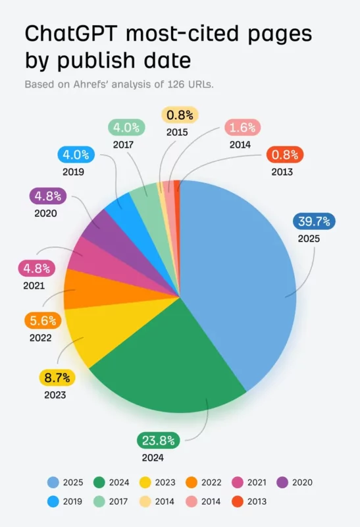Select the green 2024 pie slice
(171, 369)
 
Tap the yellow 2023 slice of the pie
(99, 336)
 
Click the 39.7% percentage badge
(314, 221)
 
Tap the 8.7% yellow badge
(57, 378)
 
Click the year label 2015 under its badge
(177, 132)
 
